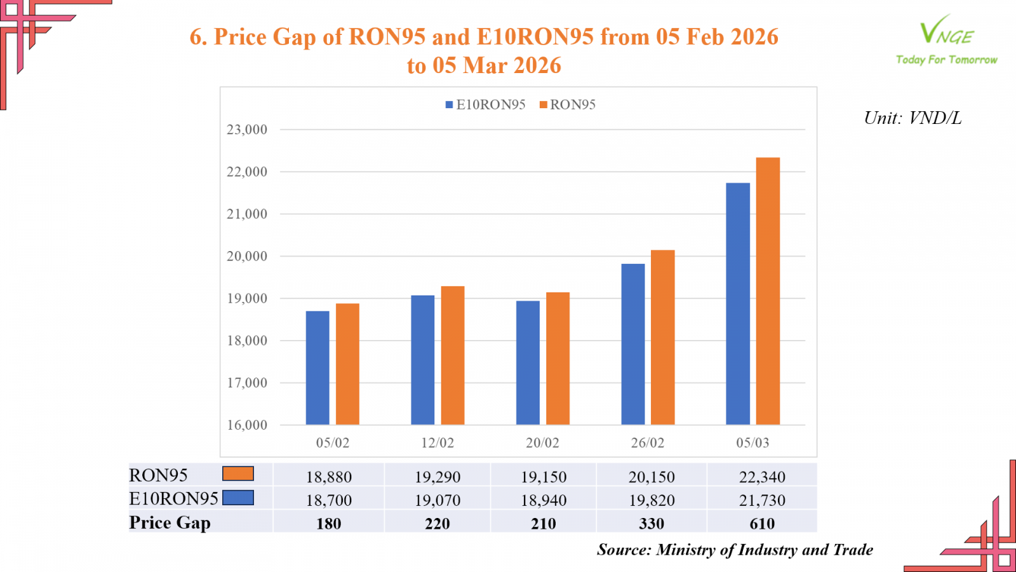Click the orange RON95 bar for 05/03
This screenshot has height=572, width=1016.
point(768,291)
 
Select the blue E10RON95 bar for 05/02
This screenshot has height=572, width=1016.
point(317,368)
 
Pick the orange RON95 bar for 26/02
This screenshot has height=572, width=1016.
point(663,337)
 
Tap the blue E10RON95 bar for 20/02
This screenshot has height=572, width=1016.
point(528,363)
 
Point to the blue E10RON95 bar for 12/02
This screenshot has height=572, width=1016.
point(423,360)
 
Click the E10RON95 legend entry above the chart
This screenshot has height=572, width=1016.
point(486,105)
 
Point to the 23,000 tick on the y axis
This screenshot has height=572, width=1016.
point(247,130)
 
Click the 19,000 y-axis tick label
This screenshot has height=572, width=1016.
point(247,299)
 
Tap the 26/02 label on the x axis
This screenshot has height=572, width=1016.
point(648,443)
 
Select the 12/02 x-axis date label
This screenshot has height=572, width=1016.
point(438,443)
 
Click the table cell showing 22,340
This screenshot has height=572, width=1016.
point(762,477)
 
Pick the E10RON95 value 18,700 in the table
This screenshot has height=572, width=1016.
point(329,500)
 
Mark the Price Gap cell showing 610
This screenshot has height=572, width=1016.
point(762,524)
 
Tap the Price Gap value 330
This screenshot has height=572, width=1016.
point(652,524)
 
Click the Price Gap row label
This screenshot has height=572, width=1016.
point(170,522)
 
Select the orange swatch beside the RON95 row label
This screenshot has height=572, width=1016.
point(238,473)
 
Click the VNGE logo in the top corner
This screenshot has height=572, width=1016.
point(946,39)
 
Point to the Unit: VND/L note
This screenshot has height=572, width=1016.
point(912,118)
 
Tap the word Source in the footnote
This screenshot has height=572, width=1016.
point(622,550)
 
